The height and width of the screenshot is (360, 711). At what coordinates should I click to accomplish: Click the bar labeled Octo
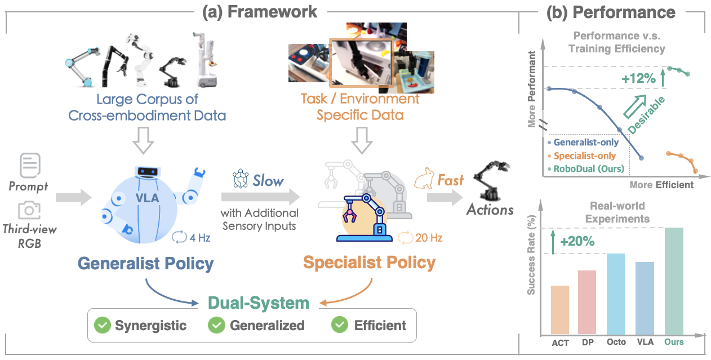[x=616, y=294]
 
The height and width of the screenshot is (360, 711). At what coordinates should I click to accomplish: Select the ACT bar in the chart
[x=560, y=309]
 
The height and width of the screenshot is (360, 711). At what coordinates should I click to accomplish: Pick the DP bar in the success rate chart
[x=587, y=302]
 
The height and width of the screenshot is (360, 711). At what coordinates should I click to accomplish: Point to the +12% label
[x=638, y=79]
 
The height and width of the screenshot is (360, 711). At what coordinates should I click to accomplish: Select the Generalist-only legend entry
[x=586, y=143]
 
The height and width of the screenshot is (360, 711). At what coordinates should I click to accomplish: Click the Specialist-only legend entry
[x=585, y=155]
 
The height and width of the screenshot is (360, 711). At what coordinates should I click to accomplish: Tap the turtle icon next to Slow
[x=241, y=180]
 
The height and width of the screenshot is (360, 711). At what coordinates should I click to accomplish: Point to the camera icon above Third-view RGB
[x=29, y=210]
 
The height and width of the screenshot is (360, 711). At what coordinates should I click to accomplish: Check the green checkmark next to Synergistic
[x=102, y=325]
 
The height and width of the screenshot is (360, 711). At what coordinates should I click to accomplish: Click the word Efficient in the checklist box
[x=380, y=325]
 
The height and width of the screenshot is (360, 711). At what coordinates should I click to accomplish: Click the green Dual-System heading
[x=259, y=303]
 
